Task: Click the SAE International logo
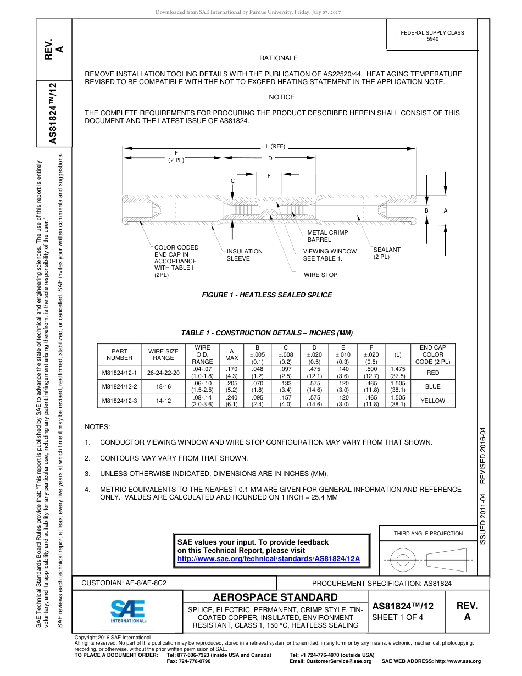(127, 610)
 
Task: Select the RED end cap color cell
(432, 372)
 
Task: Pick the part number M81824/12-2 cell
(119, 386)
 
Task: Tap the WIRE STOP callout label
(320, 275)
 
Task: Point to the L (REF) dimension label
(275, 146)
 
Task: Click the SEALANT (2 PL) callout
(387, 253)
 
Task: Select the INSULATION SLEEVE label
(245, 254)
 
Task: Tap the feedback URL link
(268, 559)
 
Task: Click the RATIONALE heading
(279, 58)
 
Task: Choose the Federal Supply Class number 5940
(432, 39)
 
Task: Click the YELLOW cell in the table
(432, 401)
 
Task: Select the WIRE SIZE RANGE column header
(163, 354)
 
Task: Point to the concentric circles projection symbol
(403, 560)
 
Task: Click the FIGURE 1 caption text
(267, 295)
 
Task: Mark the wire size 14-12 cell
(163, 401)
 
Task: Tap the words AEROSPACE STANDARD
(275, 597)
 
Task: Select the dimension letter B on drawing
(426, 210)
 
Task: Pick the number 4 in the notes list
(87, 489)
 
